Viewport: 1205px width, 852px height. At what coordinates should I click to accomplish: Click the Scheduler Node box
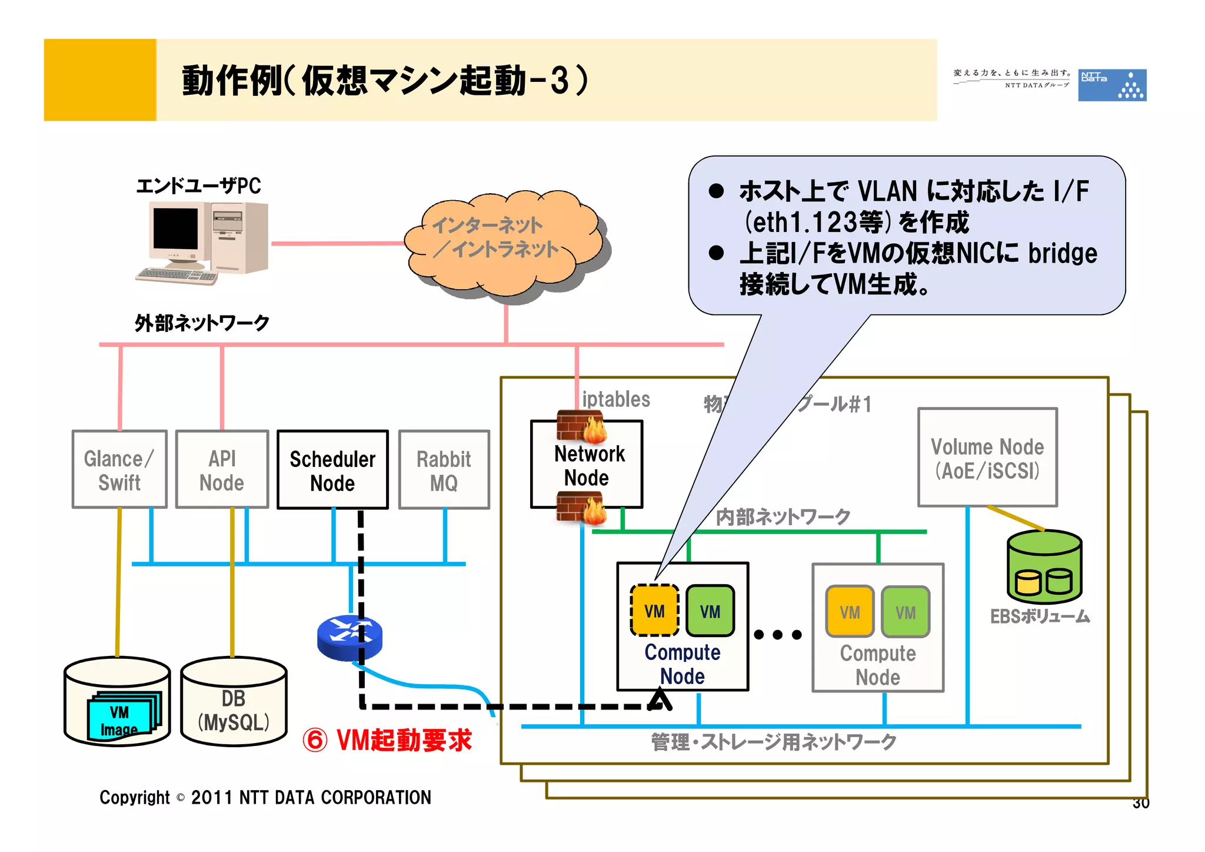pyautogui.click(x=332, y=470)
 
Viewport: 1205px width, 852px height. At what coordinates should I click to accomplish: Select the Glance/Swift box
pyautogui.click(x=119, y=470)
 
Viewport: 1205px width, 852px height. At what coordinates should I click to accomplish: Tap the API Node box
pyautogui.click(x=222, y=470)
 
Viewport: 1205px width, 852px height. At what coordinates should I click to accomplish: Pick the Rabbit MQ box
pyautogui.click(x=444, y=470)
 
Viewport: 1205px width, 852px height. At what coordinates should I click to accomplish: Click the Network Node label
pyautogui.click(x=588, y=466)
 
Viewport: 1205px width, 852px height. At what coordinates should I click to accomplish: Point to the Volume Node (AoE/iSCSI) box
pyautogui.click(x=987, y=458)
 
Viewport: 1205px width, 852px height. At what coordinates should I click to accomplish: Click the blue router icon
pyautogui.click(x=349, y=638)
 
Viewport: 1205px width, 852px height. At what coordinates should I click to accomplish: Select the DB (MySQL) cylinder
pyautogui.click(x=234, y=704)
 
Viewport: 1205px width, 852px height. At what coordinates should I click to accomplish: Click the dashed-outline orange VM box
pyautogui.click(x=654, y=611)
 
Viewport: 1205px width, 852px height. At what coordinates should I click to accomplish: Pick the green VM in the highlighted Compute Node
pyautogui.click(x=710, y=611)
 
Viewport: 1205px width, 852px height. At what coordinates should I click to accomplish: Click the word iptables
pyautogui.click(x=615, y=399)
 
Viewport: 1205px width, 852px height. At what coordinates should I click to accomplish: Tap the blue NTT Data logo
pyautogui.click(x=1111, y=85)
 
